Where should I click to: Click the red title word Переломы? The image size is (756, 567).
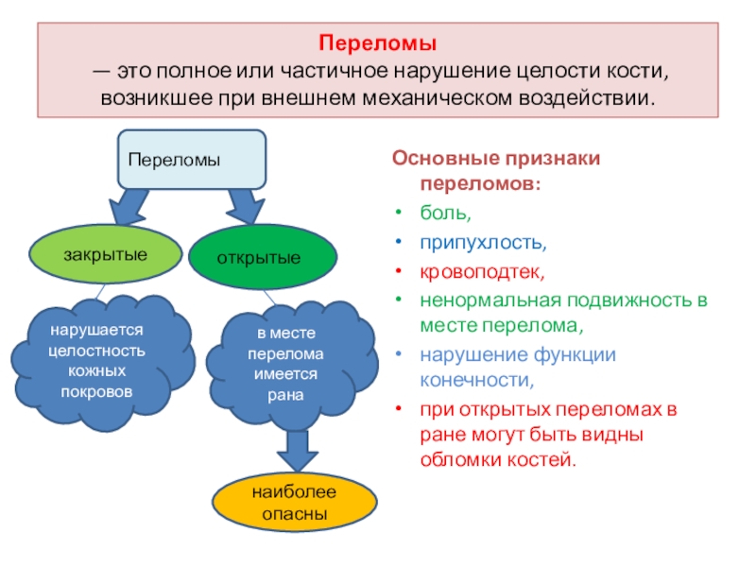(x=377, y=43)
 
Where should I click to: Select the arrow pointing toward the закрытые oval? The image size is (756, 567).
(x=129, y=204)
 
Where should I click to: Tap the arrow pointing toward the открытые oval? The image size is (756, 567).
(x=245, y=204)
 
